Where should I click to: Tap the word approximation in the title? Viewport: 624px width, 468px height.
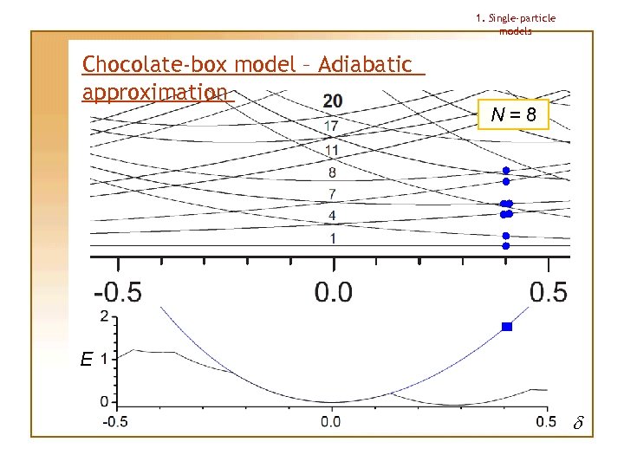point(154,92)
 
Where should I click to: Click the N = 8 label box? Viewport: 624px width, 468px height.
point(513,114)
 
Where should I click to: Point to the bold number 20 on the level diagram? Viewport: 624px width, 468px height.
point(332,101)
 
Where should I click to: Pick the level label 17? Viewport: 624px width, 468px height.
point(331,127)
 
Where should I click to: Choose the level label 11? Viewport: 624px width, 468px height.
point(331,151)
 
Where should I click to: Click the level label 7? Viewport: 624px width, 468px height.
point(333,192)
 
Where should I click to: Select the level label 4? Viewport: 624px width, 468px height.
point(333,215)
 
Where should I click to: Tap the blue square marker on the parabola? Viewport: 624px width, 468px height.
point(507,327)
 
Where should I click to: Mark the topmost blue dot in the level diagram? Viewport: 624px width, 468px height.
point(506,171)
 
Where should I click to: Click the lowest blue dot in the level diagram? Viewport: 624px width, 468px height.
point(506,246)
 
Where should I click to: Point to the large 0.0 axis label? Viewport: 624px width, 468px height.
point(333,292)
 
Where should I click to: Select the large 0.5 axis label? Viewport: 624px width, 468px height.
point(548,292)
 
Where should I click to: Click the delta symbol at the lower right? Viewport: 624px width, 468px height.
point(579,424)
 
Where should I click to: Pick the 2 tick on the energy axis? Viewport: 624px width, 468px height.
point(105,316)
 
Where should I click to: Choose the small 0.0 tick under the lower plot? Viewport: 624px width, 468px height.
point(331,422)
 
